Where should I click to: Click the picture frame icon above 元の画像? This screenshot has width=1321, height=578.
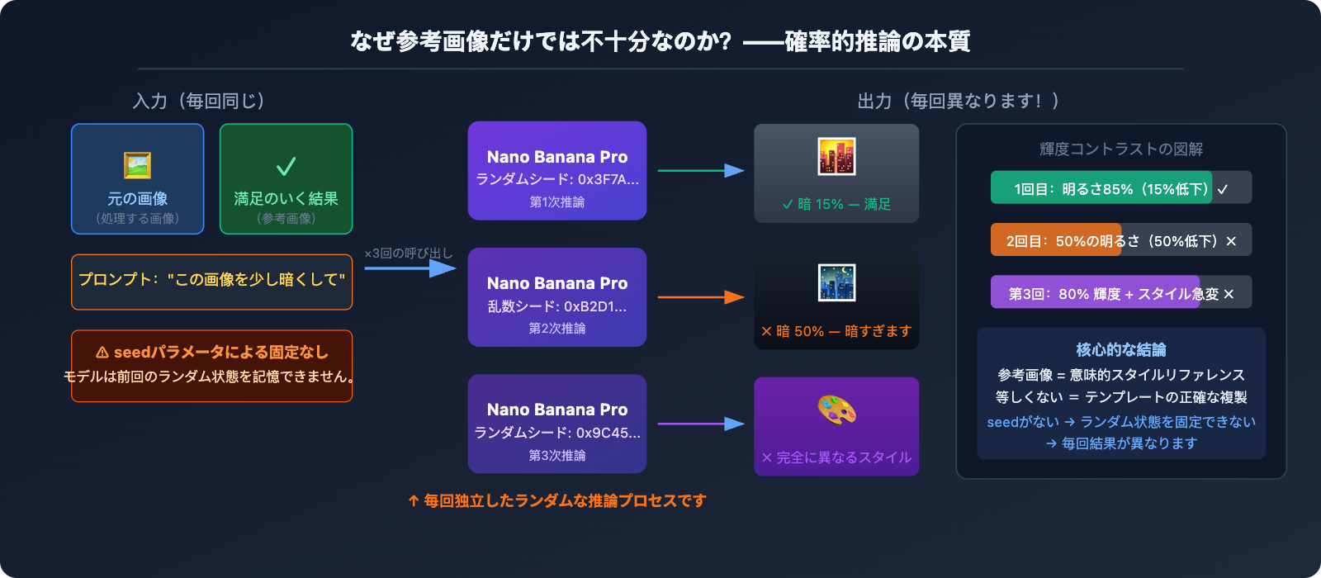click(x=137, y=165)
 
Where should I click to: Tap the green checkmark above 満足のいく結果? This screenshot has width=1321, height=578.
click(x=286, y=167)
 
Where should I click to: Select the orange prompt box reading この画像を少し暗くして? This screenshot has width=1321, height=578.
click(x=211, y=281)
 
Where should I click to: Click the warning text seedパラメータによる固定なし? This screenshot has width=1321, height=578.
click(x=212, y=353)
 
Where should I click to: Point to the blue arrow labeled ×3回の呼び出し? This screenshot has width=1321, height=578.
click(x=410, y=268)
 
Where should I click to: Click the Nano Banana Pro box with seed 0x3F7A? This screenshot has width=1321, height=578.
click(x=556, y=171)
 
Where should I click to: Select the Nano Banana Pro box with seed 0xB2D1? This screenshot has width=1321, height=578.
click(x=556, y=297)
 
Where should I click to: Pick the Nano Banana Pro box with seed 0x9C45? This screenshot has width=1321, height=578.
click(x=556, y=424)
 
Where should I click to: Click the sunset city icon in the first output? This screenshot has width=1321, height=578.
click(x=836, y=157)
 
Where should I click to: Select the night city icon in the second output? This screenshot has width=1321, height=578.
click(x=836, y=283)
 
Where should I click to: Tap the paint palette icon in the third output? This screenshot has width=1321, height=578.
click(x=836, y=410)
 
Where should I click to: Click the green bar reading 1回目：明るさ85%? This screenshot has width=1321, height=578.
click(x=1101, y=188)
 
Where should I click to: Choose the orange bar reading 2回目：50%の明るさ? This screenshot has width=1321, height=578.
click(x=1056, y=240)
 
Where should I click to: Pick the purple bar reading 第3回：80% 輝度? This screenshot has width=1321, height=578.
click(x=1095, y=293)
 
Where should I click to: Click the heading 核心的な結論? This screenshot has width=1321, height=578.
click(x=1120, y=349)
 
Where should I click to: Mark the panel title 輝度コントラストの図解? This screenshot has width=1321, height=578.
click(x=1120, y=149)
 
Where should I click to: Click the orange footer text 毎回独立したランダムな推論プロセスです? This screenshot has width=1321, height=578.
click(x=557, y=500)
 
